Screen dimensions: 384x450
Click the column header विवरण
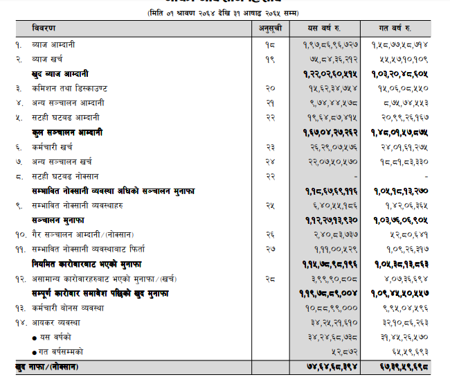click(45, 28)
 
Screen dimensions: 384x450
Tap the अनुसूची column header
click(269, 28)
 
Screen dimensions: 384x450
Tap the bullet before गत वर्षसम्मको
click(35, 351)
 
